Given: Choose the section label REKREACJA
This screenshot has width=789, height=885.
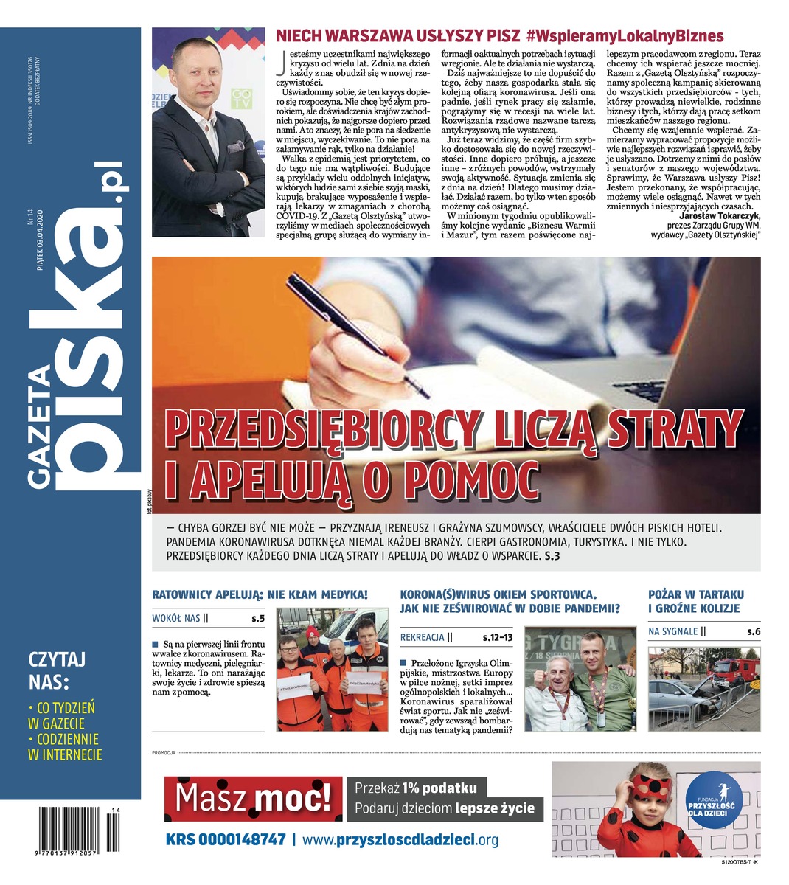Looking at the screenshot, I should pos(423,636).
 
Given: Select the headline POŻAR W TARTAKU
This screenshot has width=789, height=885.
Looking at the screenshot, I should pos(696,594).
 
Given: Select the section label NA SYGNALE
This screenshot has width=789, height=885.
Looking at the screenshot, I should pos(673,631).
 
